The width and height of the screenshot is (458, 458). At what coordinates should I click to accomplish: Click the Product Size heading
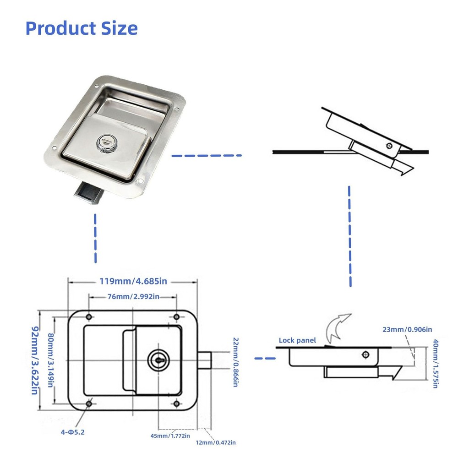pyautogui.click(x=82, y=28)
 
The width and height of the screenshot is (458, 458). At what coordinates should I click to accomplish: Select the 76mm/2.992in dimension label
pyautogui.click(x=133, y=297)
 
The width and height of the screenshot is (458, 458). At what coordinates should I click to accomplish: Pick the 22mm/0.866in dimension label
pyautogui.click(x=235, y=362)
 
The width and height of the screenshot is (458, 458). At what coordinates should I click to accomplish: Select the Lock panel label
pyautogui.click(x=297, y=340)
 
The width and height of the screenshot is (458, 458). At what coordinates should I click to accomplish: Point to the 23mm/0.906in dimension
pyautogui.click(x=407, y=329)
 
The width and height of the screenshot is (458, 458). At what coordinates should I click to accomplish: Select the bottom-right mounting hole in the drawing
pyautogui.click(x=176, y=403)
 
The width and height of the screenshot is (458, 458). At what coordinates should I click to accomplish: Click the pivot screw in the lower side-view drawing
pyautogui.click(x=365, y=354)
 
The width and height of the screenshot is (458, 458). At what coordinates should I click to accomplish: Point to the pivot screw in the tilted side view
pyautogui.click(x=389, y=146)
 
